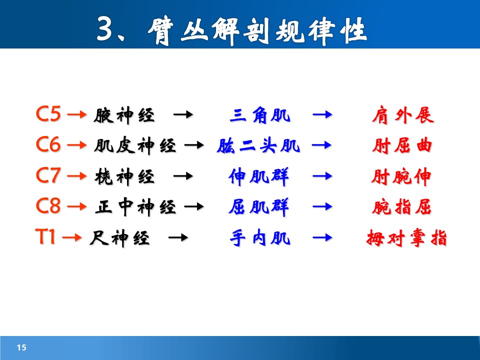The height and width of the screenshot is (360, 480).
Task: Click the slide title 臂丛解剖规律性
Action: click(x=258, y=30)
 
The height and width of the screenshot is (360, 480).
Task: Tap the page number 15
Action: click(x=21, y=347)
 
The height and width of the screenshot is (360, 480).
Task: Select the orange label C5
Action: click(x=48, y=114)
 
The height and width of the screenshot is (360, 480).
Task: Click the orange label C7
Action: click(x=48, y=175)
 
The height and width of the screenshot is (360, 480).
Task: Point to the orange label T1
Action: click(x=45, y=236)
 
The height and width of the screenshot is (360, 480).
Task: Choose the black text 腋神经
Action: click(x=124, y=115)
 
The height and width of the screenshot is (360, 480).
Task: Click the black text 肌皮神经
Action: click(x=135, y=145)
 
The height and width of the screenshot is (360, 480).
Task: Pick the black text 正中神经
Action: click(x=135, y=207)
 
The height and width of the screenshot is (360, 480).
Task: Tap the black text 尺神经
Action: click(x=119, y=238)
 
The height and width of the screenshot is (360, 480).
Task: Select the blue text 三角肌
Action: click(x=260, y=115)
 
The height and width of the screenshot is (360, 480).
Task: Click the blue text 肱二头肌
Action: click(x=258, y=145)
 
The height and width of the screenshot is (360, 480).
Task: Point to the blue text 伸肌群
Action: click(x=258, y=176)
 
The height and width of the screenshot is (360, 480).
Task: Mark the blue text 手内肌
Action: click(x=260, y=238)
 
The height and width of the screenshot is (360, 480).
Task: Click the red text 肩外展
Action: click(x=403, y=115)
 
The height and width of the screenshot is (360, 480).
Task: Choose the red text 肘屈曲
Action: click(x=402, y=145)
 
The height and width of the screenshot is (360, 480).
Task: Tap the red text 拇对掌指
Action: click(x=406, y=238)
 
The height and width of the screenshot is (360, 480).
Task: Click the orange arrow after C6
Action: click(x=77, y=145)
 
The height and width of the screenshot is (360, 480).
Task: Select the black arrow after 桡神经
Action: click(x=183, y=176)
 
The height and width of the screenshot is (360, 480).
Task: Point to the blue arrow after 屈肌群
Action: click(x=322, y=207)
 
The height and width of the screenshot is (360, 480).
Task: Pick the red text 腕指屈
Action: click(x=401, y=207)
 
